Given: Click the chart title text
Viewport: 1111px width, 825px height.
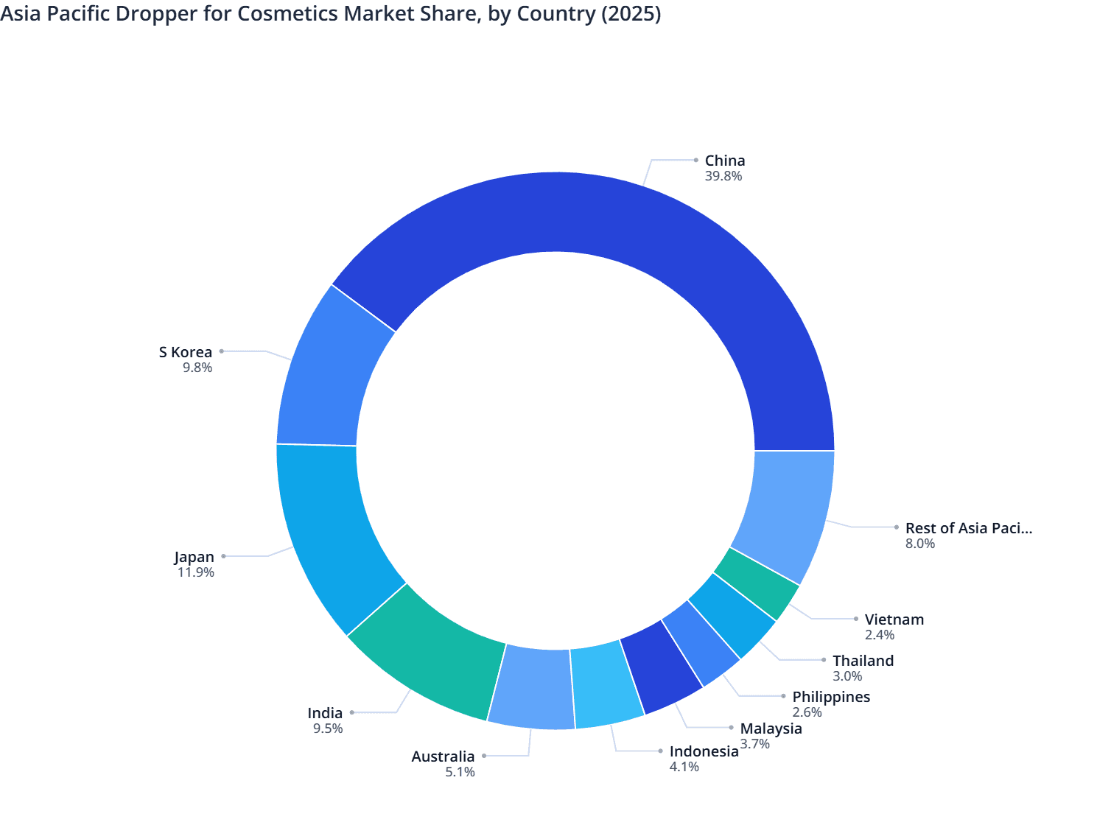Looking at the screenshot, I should (331, 14).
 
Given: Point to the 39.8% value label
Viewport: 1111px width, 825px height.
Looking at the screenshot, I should (723, 176).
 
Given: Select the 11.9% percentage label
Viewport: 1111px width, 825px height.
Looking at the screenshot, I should (196, 572).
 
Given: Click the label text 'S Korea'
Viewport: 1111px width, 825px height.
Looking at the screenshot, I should (186, 352).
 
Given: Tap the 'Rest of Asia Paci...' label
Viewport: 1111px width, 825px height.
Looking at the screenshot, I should (968, 528).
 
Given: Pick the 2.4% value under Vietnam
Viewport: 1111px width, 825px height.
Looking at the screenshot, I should (880, 635).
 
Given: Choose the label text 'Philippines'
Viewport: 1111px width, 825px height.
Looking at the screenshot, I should (831, 697).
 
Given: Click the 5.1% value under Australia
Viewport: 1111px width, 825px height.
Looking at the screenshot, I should (460, 772).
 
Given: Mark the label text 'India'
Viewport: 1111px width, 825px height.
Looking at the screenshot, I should (325, 713).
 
